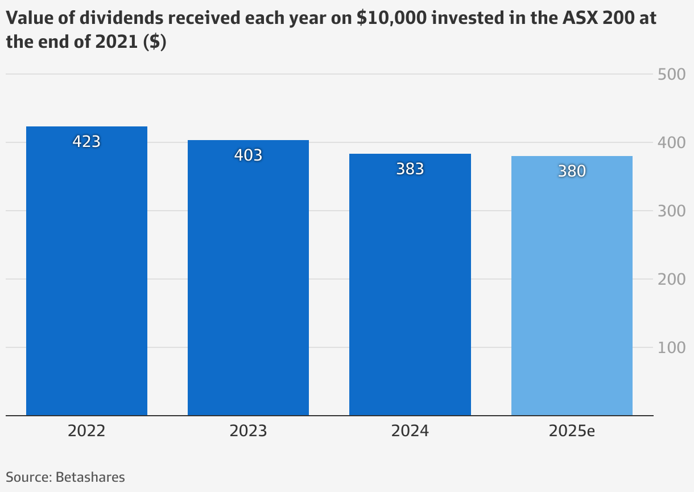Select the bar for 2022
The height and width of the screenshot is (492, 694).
coord(86,271)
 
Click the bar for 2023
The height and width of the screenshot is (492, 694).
coord(248,278)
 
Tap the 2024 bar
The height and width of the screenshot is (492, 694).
coord(410,285)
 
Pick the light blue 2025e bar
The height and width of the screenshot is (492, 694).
coord(572,286)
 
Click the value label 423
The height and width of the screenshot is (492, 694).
coord(86,141)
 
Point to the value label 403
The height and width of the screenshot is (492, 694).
coord(248,155)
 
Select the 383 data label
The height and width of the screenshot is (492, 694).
coord(410,169)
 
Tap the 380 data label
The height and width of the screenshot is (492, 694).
coord(572,171)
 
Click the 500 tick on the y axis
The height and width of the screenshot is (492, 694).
coord(671,75)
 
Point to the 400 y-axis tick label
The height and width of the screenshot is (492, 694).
coord(671,143)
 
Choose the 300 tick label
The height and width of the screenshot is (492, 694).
coord(671,211)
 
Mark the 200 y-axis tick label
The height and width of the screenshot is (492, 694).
coord(671,279)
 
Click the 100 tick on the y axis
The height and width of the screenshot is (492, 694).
coord(671,347)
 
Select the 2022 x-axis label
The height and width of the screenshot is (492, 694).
coord(86,430)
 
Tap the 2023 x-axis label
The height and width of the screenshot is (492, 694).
coord(248,430)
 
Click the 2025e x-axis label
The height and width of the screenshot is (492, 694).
coord(572,430)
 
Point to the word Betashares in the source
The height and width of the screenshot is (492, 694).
coord(90,477)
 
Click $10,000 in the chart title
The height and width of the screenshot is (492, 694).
coord(391,18)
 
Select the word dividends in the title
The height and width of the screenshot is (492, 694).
coord(122,18)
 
